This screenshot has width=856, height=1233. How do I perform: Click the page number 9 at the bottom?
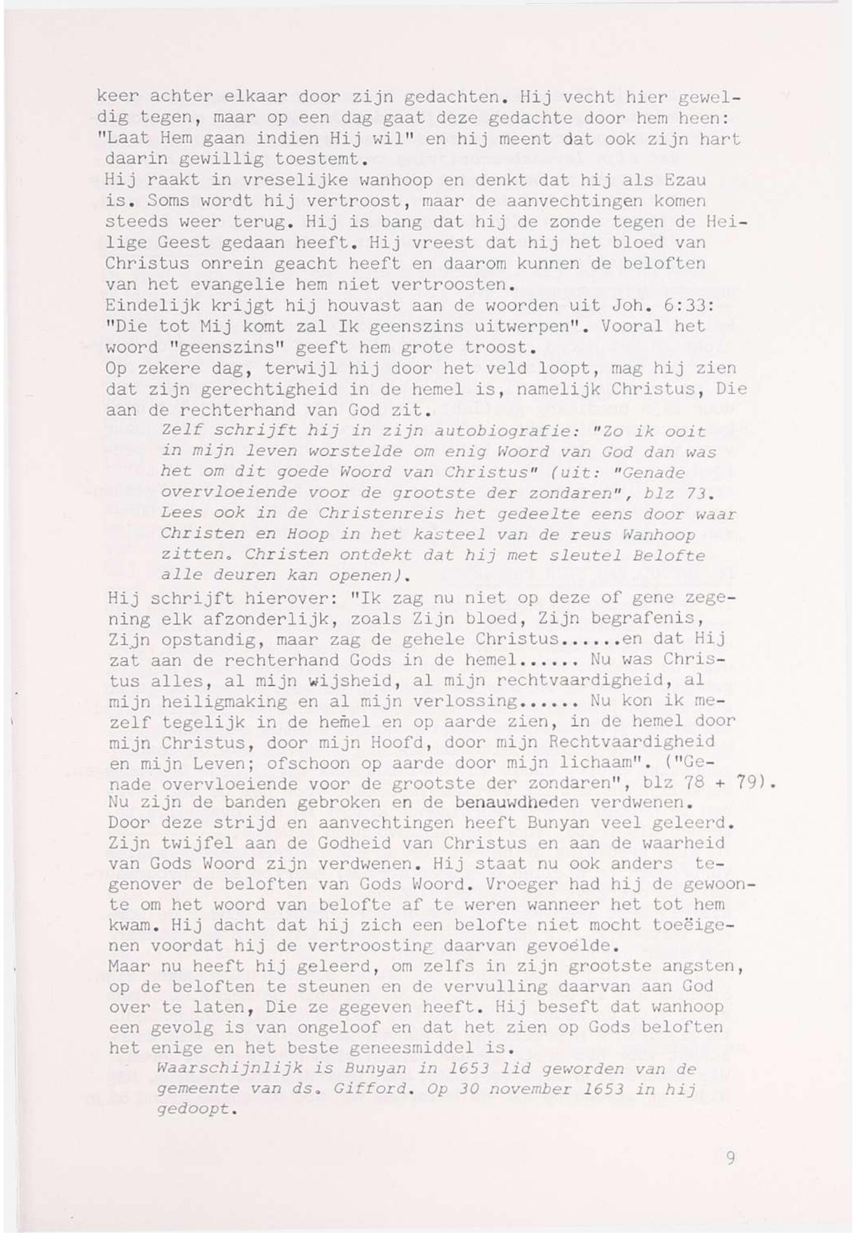click(x=730, y=1158)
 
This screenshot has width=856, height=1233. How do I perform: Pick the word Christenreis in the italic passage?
click(x=381, y=513)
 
